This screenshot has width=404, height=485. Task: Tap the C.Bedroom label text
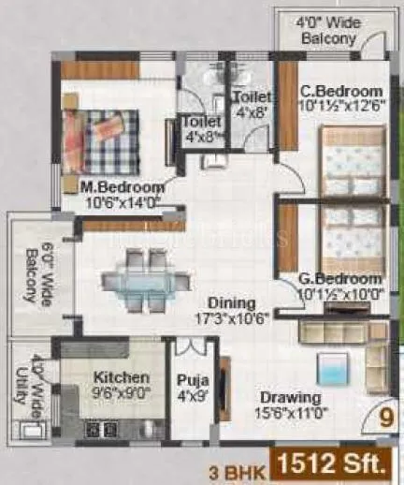341,91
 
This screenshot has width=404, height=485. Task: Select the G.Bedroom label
341,279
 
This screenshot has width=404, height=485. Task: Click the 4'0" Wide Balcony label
326,31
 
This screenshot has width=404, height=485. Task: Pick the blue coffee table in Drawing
332,366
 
